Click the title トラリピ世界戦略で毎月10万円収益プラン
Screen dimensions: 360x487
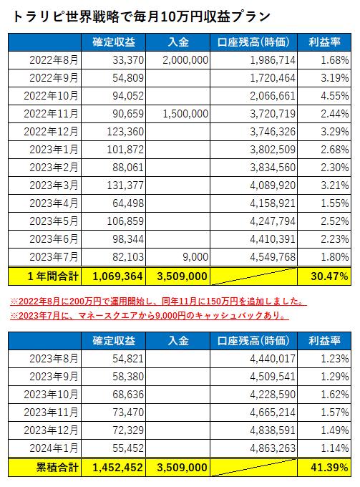(x=141, y=16)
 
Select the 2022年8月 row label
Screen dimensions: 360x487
(x=54, y=60)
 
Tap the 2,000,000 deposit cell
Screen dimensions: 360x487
(x=185, y=60)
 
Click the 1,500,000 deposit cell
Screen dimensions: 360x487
(x=185, y=114)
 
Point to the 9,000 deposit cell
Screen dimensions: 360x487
(x=195, y=257)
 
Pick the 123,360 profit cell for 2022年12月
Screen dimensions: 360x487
(x=125, y=132)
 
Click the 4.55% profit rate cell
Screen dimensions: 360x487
(x=334, y=96)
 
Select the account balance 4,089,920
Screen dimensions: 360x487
(x=273, y=185)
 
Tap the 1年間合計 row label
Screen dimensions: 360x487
(x=53, y=276)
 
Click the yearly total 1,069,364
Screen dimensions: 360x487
(x=117, y=276)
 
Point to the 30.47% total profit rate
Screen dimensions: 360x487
(x=329, y=276)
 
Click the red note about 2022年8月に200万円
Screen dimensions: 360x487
(x=158, y=302)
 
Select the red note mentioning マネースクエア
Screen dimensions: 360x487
(x=150, y=316)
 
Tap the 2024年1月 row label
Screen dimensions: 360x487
(x=54, y=448)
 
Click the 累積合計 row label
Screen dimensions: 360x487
(x=57, y=468)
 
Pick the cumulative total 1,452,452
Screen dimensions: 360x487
(x=117, y=468)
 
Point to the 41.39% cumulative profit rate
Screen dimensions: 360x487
(x=329, y=468)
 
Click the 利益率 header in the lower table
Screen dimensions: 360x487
(x=324, y=341)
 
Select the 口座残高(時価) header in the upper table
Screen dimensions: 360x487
(x=253, y=42)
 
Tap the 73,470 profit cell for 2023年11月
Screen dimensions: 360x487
(x=128, y=413)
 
